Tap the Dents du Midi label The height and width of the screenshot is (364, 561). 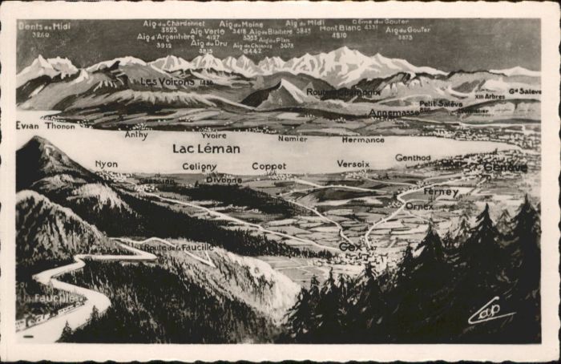tap(44, 26)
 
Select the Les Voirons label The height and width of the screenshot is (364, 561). tap(167, 82)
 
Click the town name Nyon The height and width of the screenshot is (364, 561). tap(106, 164)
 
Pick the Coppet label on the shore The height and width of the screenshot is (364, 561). tap(268, 166)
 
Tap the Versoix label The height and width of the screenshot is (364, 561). tap(353, 164)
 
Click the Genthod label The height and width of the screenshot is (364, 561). tap(413, 158)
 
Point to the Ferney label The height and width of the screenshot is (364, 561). tap(441, 192)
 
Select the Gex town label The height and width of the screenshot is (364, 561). tap(350, 247)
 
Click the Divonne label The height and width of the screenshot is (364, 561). tap(224, 180)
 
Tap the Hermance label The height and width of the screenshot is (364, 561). tap(363, 140)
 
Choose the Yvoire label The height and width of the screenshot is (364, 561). tap(214, 135)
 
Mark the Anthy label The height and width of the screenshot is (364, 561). tap(136, 135)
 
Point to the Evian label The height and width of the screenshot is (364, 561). tap(27, 126)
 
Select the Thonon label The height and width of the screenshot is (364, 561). tap(61, 126)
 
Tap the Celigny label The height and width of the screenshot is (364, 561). tap(200, 167)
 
